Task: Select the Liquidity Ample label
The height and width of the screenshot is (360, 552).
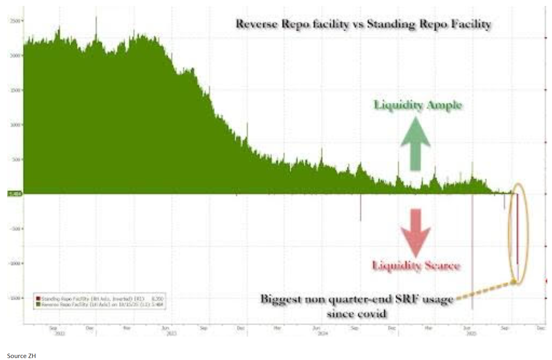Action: pyautogui.click(x=418, y=105)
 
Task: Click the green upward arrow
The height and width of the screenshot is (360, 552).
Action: pyautogui.click(x=415, y=144)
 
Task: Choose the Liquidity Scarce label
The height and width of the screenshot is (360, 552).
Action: pyautogui.click(x=416, y=265)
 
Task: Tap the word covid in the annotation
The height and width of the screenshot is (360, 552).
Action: pyautogui.click(x=371, y=314)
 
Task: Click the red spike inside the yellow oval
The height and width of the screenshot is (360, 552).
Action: pyautogui.click(x=517, y=229)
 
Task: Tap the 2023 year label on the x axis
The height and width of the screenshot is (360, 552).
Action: pyautogui.click(x=171, y=334)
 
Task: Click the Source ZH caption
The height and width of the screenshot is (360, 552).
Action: pyautogui.click(x=21, y=356)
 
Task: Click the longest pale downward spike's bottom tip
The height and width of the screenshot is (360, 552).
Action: pyautogui.click(x=472, y=309)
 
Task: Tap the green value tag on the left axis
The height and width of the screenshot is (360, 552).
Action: pyautogui.click(x=15, y=194)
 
